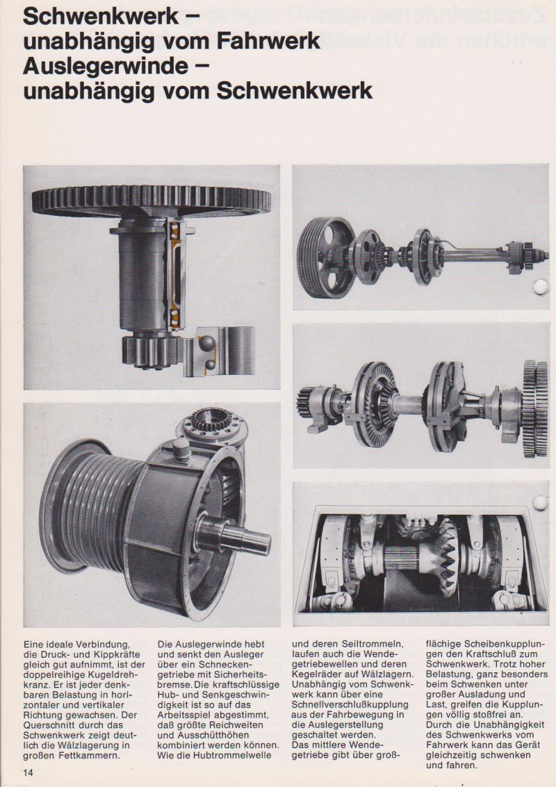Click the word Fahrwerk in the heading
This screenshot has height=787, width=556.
pyautogui.click(x=268, y=41)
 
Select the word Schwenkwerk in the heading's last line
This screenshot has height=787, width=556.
pyautogui.click(x=294, y=91)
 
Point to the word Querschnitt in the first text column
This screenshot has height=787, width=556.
pyautogui.click(x=45, y=724)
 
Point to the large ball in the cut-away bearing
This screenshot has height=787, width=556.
pyautogui.click(x=206, y=344)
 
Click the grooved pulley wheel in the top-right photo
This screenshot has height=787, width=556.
pyautogui.click(x=325, y=258)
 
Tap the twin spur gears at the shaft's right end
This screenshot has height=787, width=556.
pyautogui.click(x=535, y=408)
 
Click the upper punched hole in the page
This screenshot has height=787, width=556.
pyautogui.click(x=541, y=287)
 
